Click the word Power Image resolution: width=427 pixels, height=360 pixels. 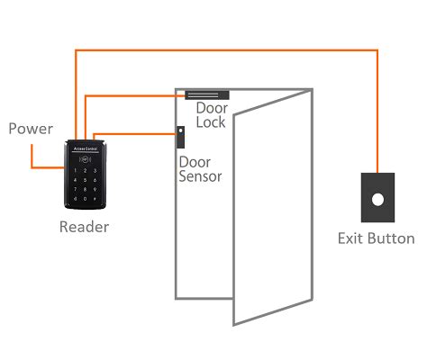click(31, 129)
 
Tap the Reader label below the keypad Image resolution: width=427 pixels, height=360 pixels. click(84, 227)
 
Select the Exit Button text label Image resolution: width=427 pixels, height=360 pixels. click(376, 238)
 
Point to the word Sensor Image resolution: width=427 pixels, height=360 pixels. click(200, 176)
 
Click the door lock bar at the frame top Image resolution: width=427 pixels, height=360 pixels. click(207, 94)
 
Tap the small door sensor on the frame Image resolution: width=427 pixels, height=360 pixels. click(180, 137)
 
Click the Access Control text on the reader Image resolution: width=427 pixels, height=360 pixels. click(86, 151)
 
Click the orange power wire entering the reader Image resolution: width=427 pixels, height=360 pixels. click(45, 167)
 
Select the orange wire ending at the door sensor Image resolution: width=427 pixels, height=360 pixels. click(135, 133)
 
